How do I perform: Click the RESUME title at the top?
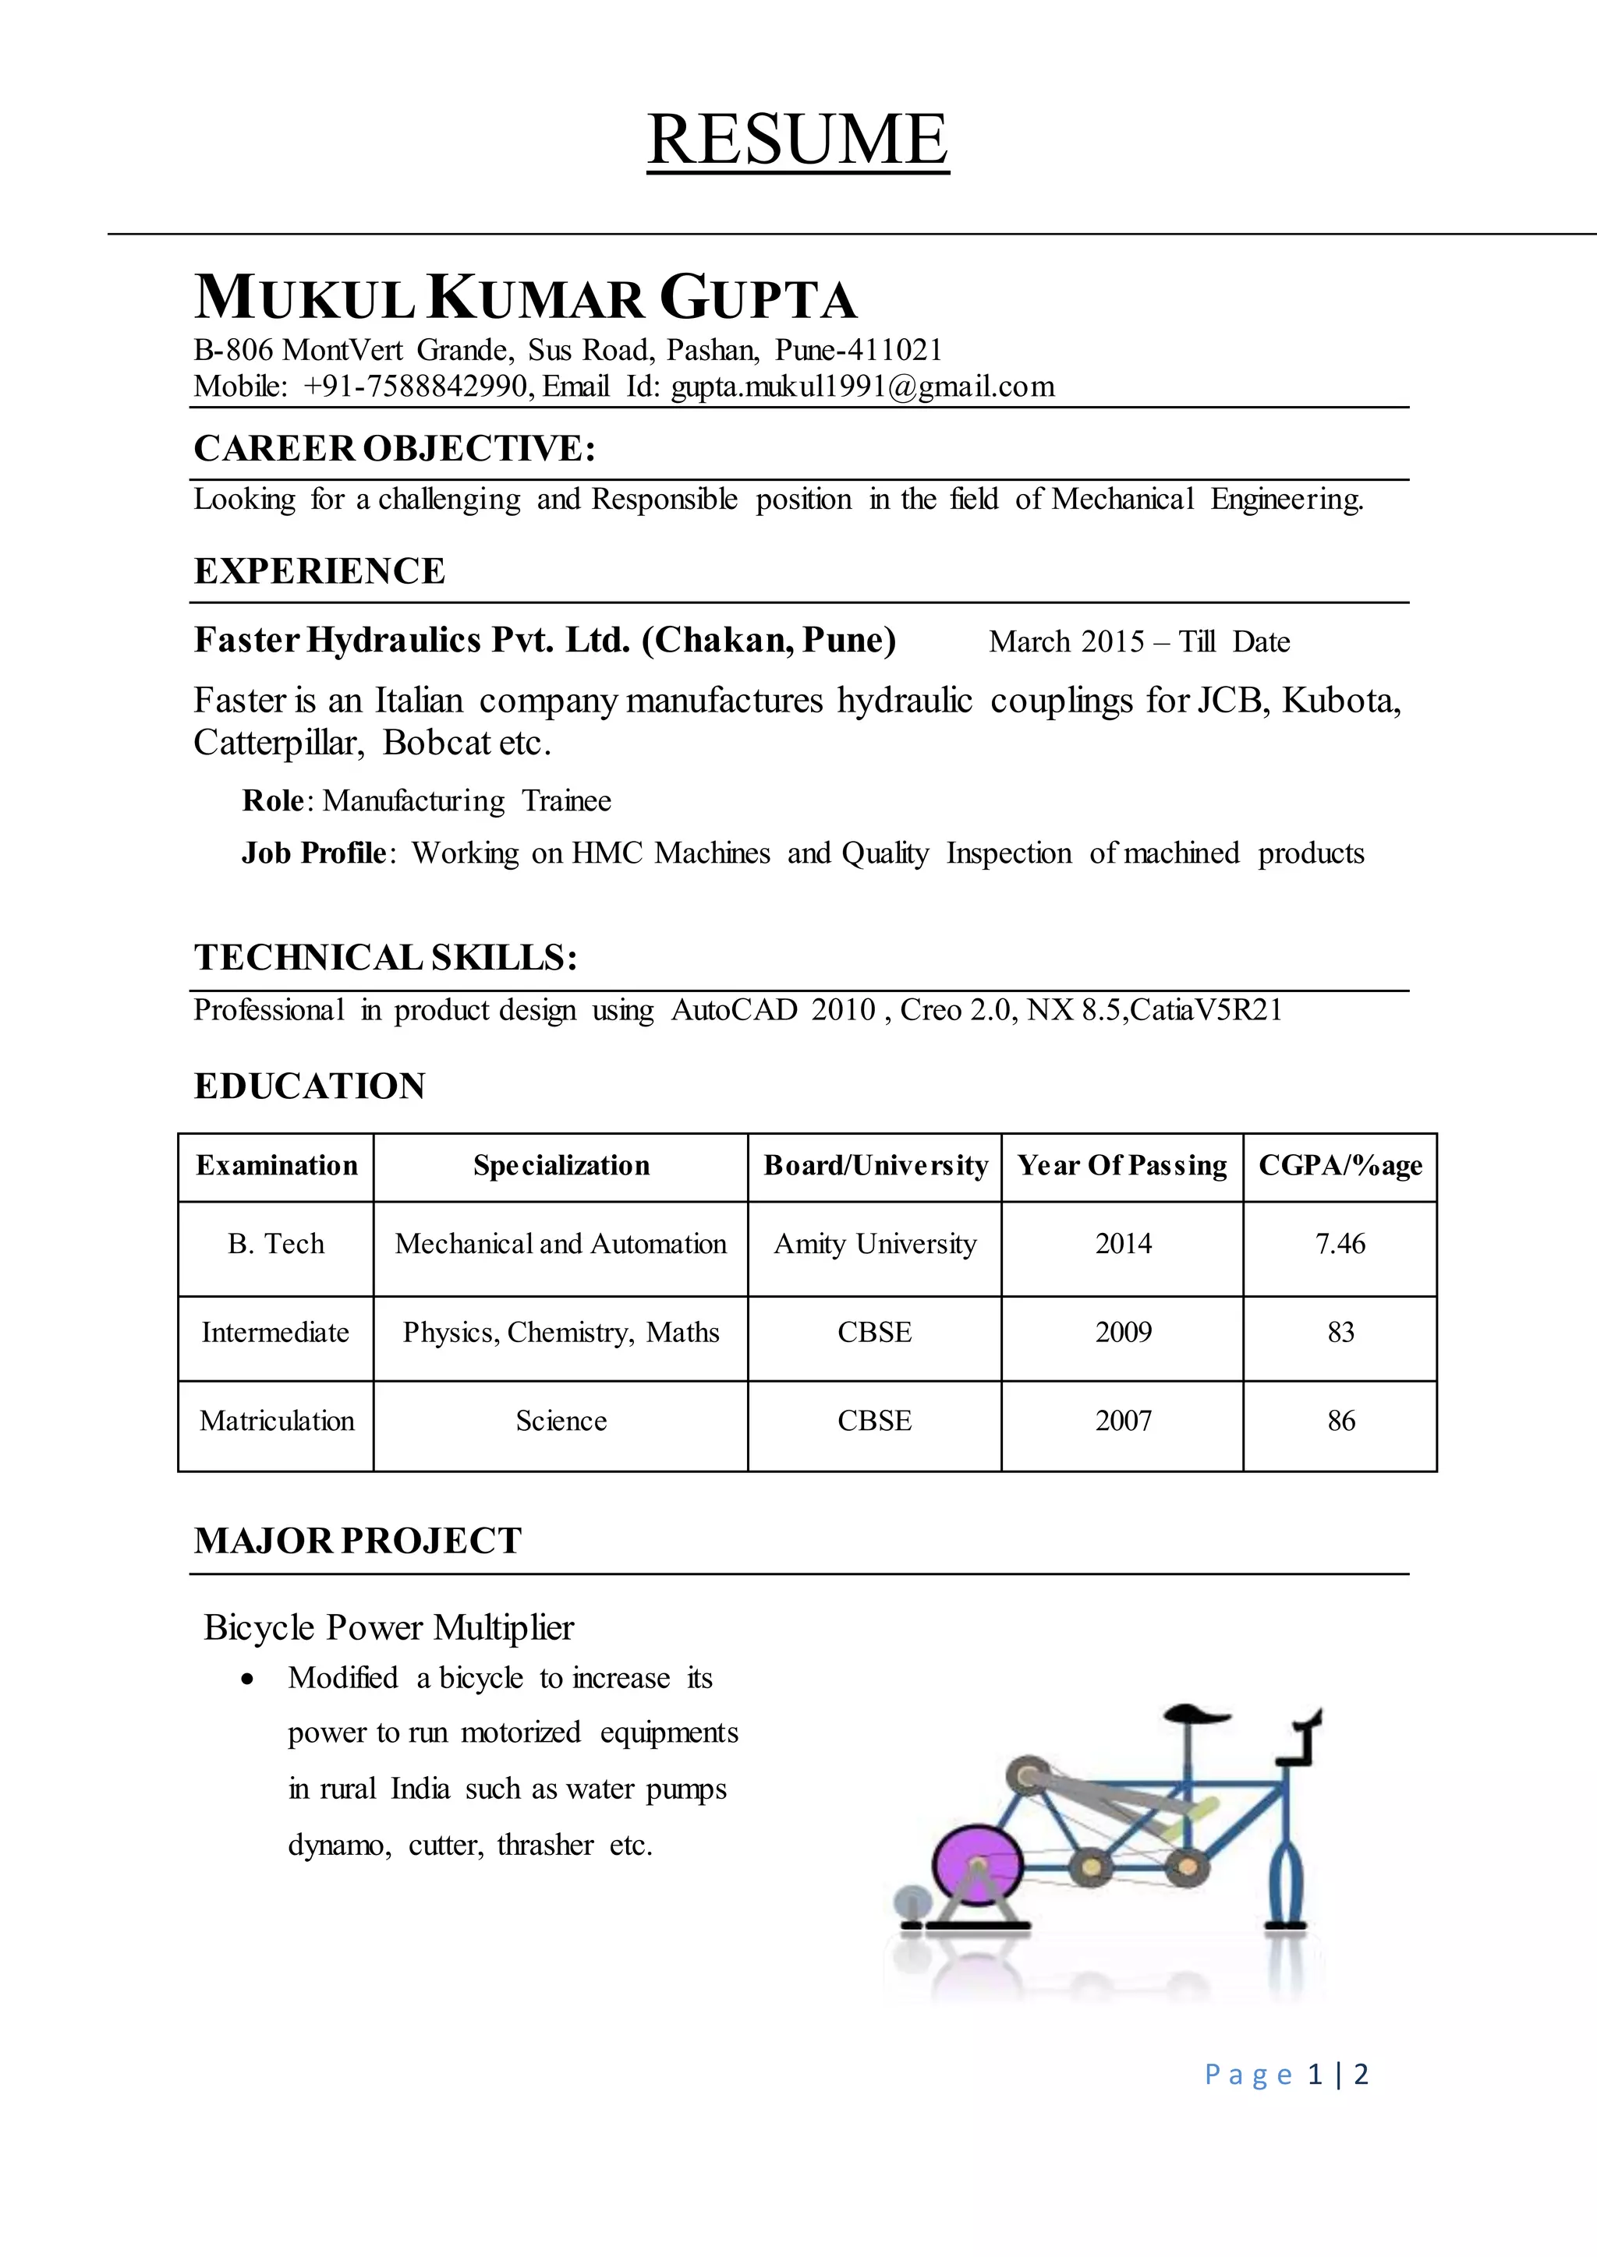(798, 140)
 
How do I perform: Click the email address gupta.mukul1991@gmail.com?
(862, 387)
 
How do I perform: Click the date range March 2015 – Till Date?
(1138, 642)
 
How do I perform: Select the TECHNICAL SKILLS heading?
(384, 958)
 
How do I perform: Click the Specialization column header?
(561, 1166)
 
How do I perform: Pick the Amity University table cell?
(874, 1245)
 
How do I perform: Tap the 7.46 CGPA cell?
(1340, 1245)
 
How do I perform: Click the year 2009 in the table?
(1123, 1333)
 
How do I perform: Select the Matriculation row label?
(276, 1422)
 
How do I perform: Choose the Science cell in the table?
(561, 1422)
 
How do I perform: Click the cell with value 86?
(1340, 1422)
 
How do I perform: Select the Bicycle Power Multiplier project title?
(388, 1628)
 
